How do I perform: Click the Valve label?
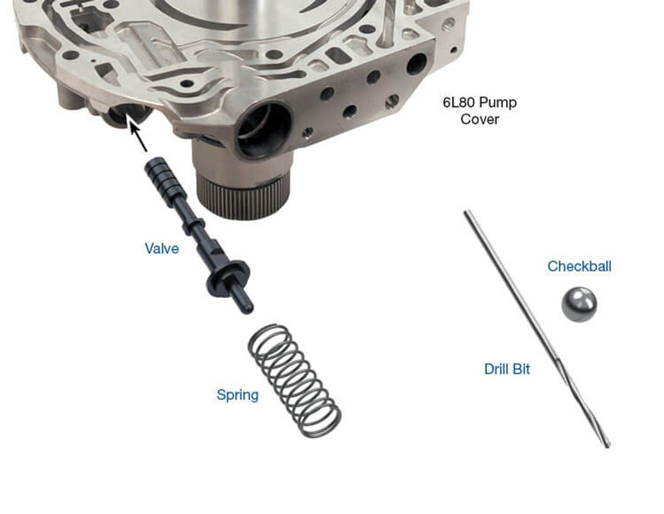[162, 249]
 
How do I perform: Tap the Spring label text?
[238, 395]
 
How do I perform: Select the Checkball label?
[579, 267]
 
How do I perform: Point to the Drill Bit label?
[507, 369]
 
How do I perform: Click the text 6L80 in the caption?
[459, 102]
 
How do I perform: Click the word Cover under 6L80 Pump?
[480, 119]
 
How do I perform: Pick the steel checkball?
[579, 305]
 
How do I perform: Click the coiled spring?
[294, 380]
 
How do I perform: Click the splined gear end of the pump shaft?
[243, 197]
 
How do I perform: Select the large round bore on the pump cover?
[264, 129]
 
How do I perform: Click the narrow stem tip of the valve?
[243, 301]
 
